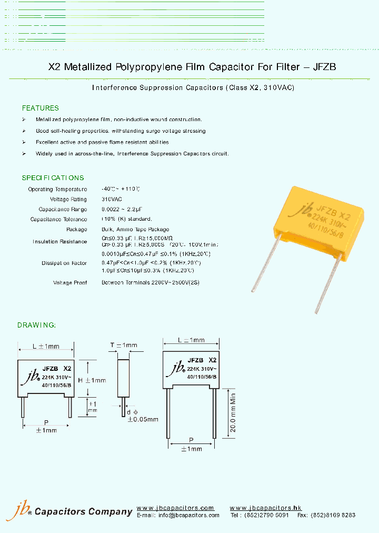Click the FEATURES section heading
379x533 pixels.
(x=40, y=108)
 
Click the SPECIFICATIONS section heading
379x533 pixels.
(x=53, y=178)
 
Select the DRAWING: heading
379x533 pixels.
(x=36, y=325)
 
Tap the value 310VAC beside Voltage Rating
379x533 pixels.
(x=112, y=200)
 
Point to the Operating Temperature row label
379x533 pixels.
(x=57, y=189)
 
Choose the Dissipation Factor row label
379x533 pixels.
(x=64, y=262)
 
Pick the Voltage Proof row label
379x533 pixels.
(x=70, y=282)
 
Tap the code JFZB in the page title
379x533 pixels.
(x=324, y=67)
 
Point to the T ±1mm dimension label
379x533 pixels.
(x=123, y=346)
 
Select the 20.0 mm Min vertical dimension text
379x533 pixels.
(x=232, y=413)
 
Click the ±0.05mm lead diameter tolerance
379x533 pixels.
(x=142, y=419)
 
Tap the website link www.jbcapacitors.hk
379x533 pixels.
(x=265, y=508)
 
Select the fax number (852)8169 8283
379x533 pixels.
(x=334, y=515)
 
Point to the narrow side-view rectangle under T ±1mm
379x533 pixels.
(x=123, y=378)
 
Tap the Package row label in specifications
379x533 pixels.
(x=77, y=230)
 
